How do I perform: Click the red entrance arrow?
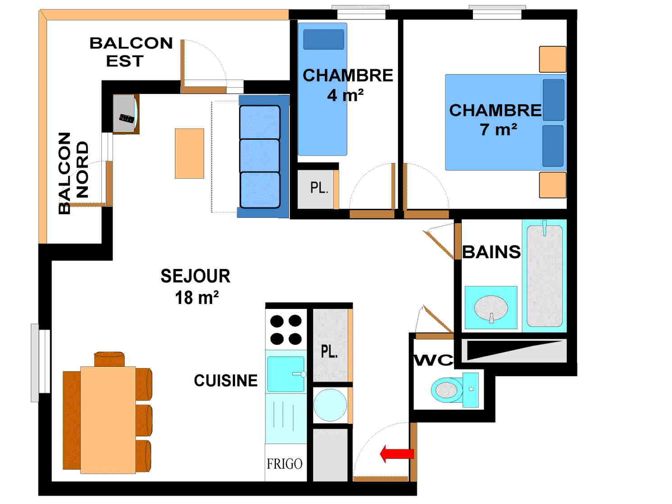click(x=397, y=454)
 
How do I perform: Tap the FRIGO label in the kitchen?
click(x=284, y=464)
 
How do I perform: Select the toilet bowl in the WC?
click(x=447, y=390)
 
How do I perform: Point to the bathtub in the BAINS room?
click(x=544, y=275)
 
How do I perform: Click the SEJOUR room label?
click(x=195, y=276)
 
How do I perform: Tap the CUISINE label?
click(x=226, y=381)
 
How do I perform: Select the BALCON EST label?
click(x=131, y=52)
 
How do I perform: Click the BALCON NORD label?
click(x=73, y=173)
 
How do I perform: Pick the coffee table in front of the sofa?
click(x=189, y=153)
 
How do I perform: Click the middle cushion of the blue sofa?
click(x=260, y=156)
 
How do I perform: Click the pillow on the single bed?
click(x=324, y=39)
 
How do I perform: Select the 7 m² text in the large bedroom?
click(x=498, y=129)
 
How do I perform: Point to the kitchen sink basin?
click(x=285, y=374)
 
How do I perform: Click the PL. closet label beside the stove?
click(x=329, y=351)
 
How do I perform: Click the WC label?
click(x=433, y=360)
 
